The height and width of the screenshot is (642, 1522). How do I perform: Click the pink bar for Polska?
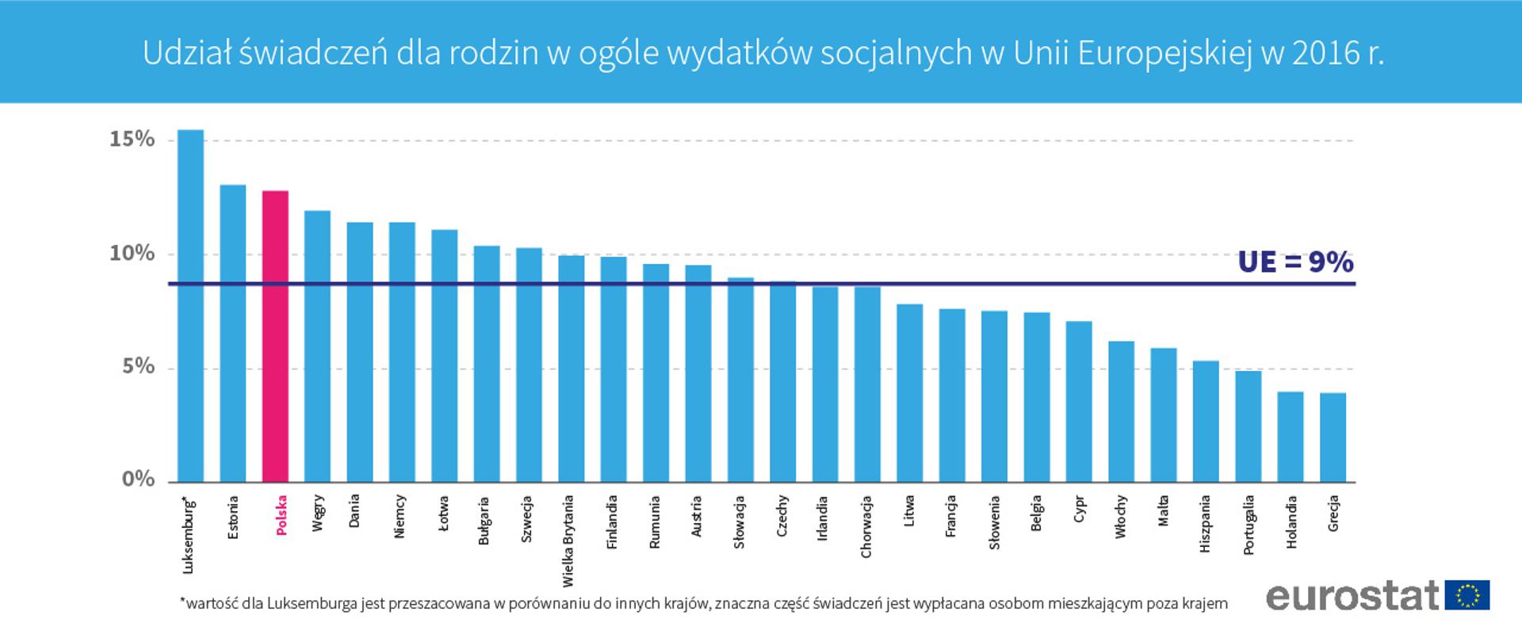point(275,337)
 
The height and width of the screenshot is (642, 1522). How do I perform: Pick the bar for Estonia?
point(233,334)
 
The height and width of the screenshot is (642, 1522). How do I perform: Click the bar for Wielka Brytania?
point(572,369)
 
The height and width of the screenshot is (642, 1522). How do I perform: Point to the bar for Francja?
point(952,396)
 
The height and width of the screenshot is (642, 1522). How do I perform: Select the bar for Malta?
point(1164,415)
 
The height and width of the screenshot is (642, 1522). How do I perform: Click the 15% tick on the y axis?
point(132,139)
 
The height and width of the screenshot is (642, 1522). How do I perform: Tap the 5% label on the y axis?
point(138,367)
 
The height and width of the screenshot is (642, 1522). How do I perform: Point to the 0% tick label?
point(138,480)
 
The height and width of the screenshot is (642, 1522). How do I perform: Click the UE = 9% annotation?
point(1295,262)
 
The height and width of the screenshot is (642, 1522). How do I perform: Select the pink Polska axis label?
point(281,515)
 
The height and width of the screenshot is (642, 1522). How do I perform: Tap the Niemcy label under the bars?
point(400,517)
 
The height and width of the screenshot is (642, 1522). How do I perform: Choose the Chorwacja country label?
point(866,527)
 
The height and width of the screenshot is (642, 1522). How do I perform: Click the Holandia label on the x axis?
point(1291,522)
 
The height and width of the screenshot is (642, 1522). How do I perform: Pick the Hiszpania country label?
point(1206,524)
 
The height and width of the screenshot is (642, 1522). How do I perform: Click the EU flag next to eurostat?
point(1467,595)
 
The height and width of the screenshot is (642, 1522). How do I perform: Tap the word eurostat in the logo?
point(1352,596)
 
